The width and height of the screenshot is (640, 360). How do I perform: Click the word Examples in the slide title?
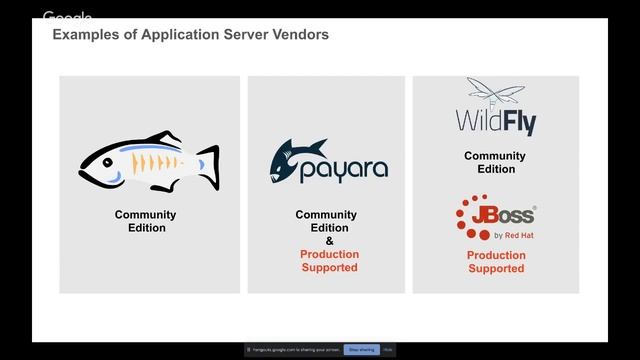tap(84, 35)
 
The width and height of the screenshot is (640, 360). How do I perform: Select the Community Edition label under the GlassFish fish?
tap(145, 221)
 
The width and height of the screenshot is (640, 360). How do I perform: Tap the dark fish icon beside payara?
tap(287, 160)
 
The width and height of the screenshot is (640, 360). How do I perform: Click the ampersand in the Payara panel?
tap(329, 241)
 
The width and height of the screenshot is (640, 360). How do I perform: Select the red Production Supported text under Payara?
tap(329, 261)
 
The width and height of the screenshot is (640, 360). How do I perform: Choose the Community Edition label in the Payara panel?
tap(326, 221)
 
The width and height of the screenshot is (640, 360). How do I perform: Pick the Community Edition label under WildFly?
tap(494, 163)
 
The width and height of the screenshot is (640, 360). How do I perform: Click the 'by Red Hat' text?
tap(513, 236)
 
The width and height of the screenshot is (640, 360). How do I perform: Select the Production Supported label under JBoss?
tap(496, 262)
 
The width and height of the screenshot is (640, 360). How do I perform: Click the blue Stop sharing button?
tap(360, 349)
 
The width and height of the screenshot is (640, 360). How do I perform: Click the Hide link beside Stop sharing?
tap(388, 349)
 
